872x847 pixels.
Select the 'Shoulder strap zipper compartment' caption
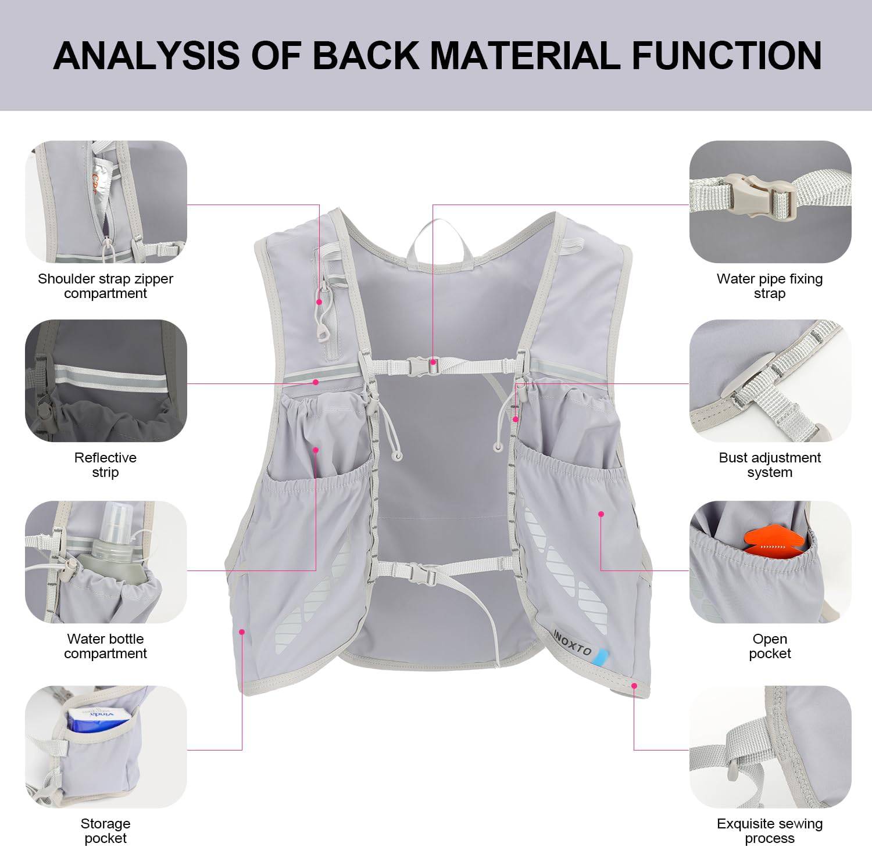[x=105, y=286]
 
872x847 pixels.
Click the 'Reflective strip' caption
[x=105, y=465]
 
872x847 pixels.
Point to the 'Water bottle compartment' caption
[x=105, y=646]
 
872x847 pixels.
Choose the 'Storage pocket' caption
[x=105, y=831]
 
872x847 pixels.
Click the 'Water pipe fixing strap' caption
[x=769, y=286]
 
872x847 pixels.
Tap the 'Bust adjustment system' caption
[x=769, y=465]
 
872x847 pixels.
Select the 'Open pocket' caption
[x=769, y=646]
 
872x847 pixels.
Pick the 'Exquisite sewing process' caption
[x=769, y=831]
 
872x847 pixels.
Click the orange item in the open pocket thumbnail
[x=771, y=543]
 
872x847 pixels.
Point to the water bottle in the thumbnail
[x=116, y=552]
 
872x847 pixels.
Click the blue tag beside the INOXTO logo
[x=601, y=655]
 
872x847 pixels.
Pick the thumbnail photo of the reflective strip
[x=106, y=381]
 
